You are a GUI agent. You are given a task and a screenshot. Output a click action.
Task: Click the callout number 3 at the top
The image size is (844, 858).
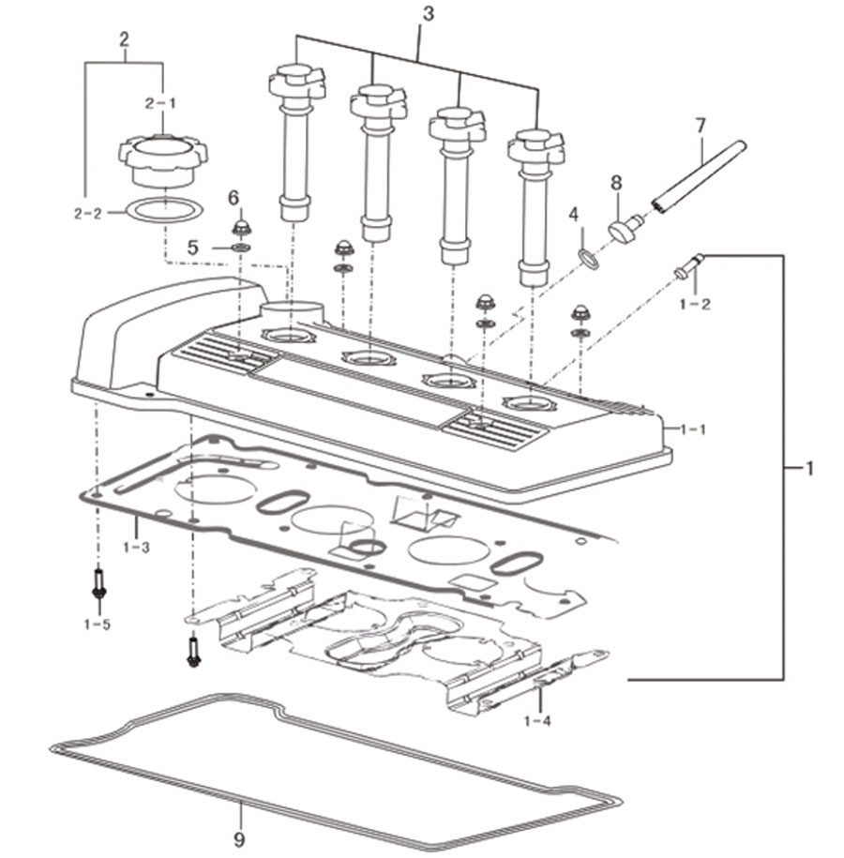click(428, 14)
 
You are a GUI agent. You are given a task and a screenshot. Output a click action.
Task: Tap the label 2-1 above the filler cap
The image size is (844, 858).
click(161, 103)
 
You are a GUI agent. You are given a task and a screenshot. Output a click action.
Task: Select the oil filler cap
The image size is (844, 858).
click(163, 160)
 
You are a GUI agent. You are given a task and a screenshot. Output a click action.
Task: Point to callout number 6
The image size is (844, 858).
click(234, 198)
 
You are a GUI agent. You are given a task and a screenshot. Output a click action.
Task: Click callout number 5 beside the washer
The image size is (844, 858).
click(192, 248)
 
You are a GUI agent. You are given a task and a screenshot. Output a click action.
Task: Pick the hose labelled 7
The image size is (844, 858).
click(699, 176)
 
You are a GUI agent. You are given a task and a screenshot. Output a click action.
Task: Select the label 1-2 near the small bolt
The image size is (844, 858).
click(695, 304)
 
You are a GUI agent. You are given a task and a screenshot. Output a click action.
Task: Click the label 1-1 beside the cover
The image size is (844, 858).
click(692, 429)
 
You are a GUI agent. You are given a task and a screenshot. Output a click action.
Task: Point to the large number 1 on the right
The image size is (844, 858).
click(809, 469)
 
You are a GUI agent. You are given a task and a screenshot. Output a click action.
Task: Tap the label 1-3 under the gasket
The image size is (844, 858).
click(136, 547)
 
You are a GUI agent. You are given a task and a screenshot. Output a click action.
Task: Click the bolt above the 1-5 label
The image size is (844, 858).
click(98, 583)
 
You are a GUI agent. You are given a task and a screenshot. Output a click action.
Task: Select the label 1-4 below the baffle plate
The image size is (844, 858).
click(537, 721)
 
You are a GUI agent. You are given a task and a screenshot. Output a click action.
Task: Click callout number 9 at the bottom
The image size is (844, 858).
click(238, 839)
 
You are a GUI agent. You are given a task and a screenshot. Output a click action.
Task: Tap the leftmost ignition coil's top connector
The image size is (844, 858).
click(297, 83)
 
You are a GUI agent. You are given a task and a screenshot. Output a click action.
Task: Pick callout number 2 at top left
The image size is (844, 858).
click(124, 39)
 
